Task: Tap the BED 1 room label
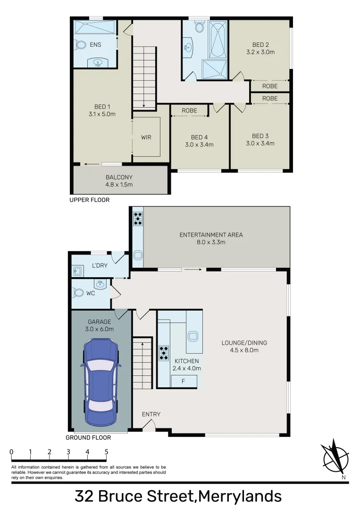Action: click(102, 107)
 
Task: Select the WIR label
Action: click(146, 137)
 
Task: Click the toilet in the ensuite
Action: click(79, 45)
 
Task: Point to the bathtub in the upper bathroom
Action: click(218, 40)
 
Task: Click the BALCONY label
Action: click(119, 177)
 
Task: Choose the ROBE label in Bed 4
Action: click(189, 110)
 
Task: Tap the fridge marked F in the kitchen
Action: click(184, 381)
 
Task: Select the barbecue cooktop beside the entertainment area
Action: click(138, 218)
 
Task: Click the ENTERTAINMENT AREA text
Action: click(211, 235)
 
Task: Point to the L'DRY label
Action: click(100, 265)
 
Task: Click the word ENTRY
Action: click(151, 414)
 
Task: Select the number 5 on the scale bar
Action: click(106, 451)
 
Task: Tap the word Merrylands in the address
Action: click(240, 496)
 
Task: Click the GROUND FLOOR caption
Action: click(88, 437)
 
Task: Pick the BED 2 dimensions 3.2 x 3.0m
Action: click(260, 52)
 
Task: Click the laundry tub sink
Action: click(78, 270)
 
